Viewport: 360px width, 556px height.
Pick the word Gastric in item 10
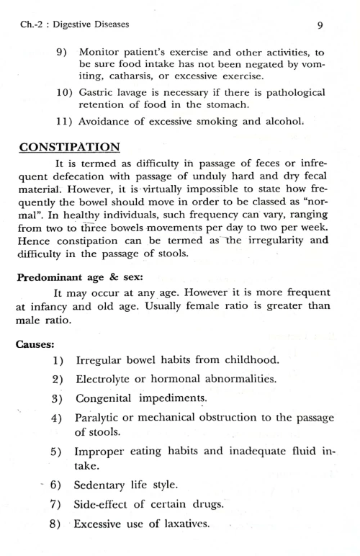[x=98, y=93]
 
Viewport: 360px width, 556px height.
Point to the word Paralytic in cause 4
[x=99, y=418]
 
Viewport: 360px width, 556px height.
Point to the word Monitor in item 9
[x=101, y=53]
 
